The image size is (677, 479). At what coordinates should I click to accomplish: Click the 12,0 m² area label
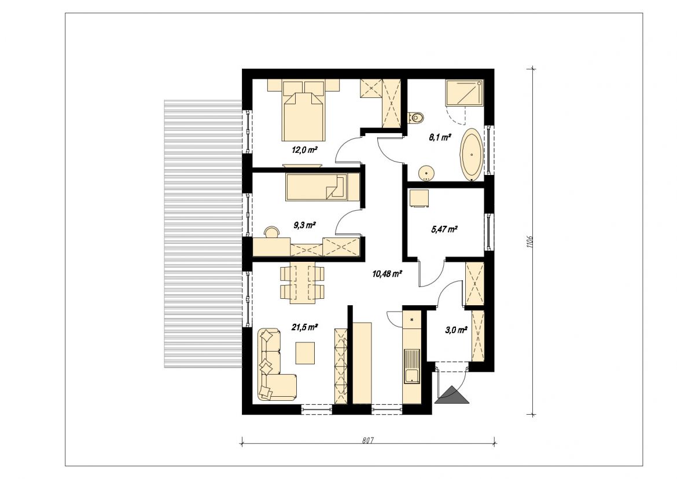[x=305, y=151]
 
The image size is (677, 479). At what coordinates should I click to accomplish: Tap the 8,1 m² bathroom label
[x=440, y=137]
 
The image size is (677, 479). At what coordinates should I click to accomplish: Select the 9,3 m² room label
[x=304, y=225]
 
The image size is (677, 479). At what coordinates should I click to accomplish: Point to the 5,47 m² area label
[x=444, y=229]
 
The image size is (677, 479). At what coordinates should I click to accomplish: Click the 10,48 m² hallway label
[x=387, y=273]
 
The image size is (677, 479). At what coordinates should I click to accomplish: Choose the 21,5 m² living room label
[x=304, y=327]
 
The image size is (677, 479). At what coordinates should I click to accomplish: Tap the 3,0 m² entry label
[x=456, y=330]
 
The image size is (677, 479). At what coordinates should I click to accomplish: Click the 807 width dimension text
[x=367, y=441]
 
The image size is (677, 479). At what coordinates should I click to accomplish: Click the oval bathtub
[x=472, y=154]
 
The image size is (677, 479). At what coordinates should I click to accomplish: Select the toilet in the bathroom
[x=416, y=117]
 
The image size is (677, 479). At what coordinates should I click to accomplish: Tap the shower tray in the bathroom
[x=464, y=92]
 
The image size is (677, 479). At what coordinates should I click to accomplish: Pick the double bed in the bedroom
[x=303, y=110]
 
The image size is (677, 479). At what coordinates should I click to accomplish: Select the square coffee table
[x=306, y=353]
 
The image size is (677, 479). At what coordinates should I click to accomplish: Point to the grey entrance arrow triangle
[x=452, y=394]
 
